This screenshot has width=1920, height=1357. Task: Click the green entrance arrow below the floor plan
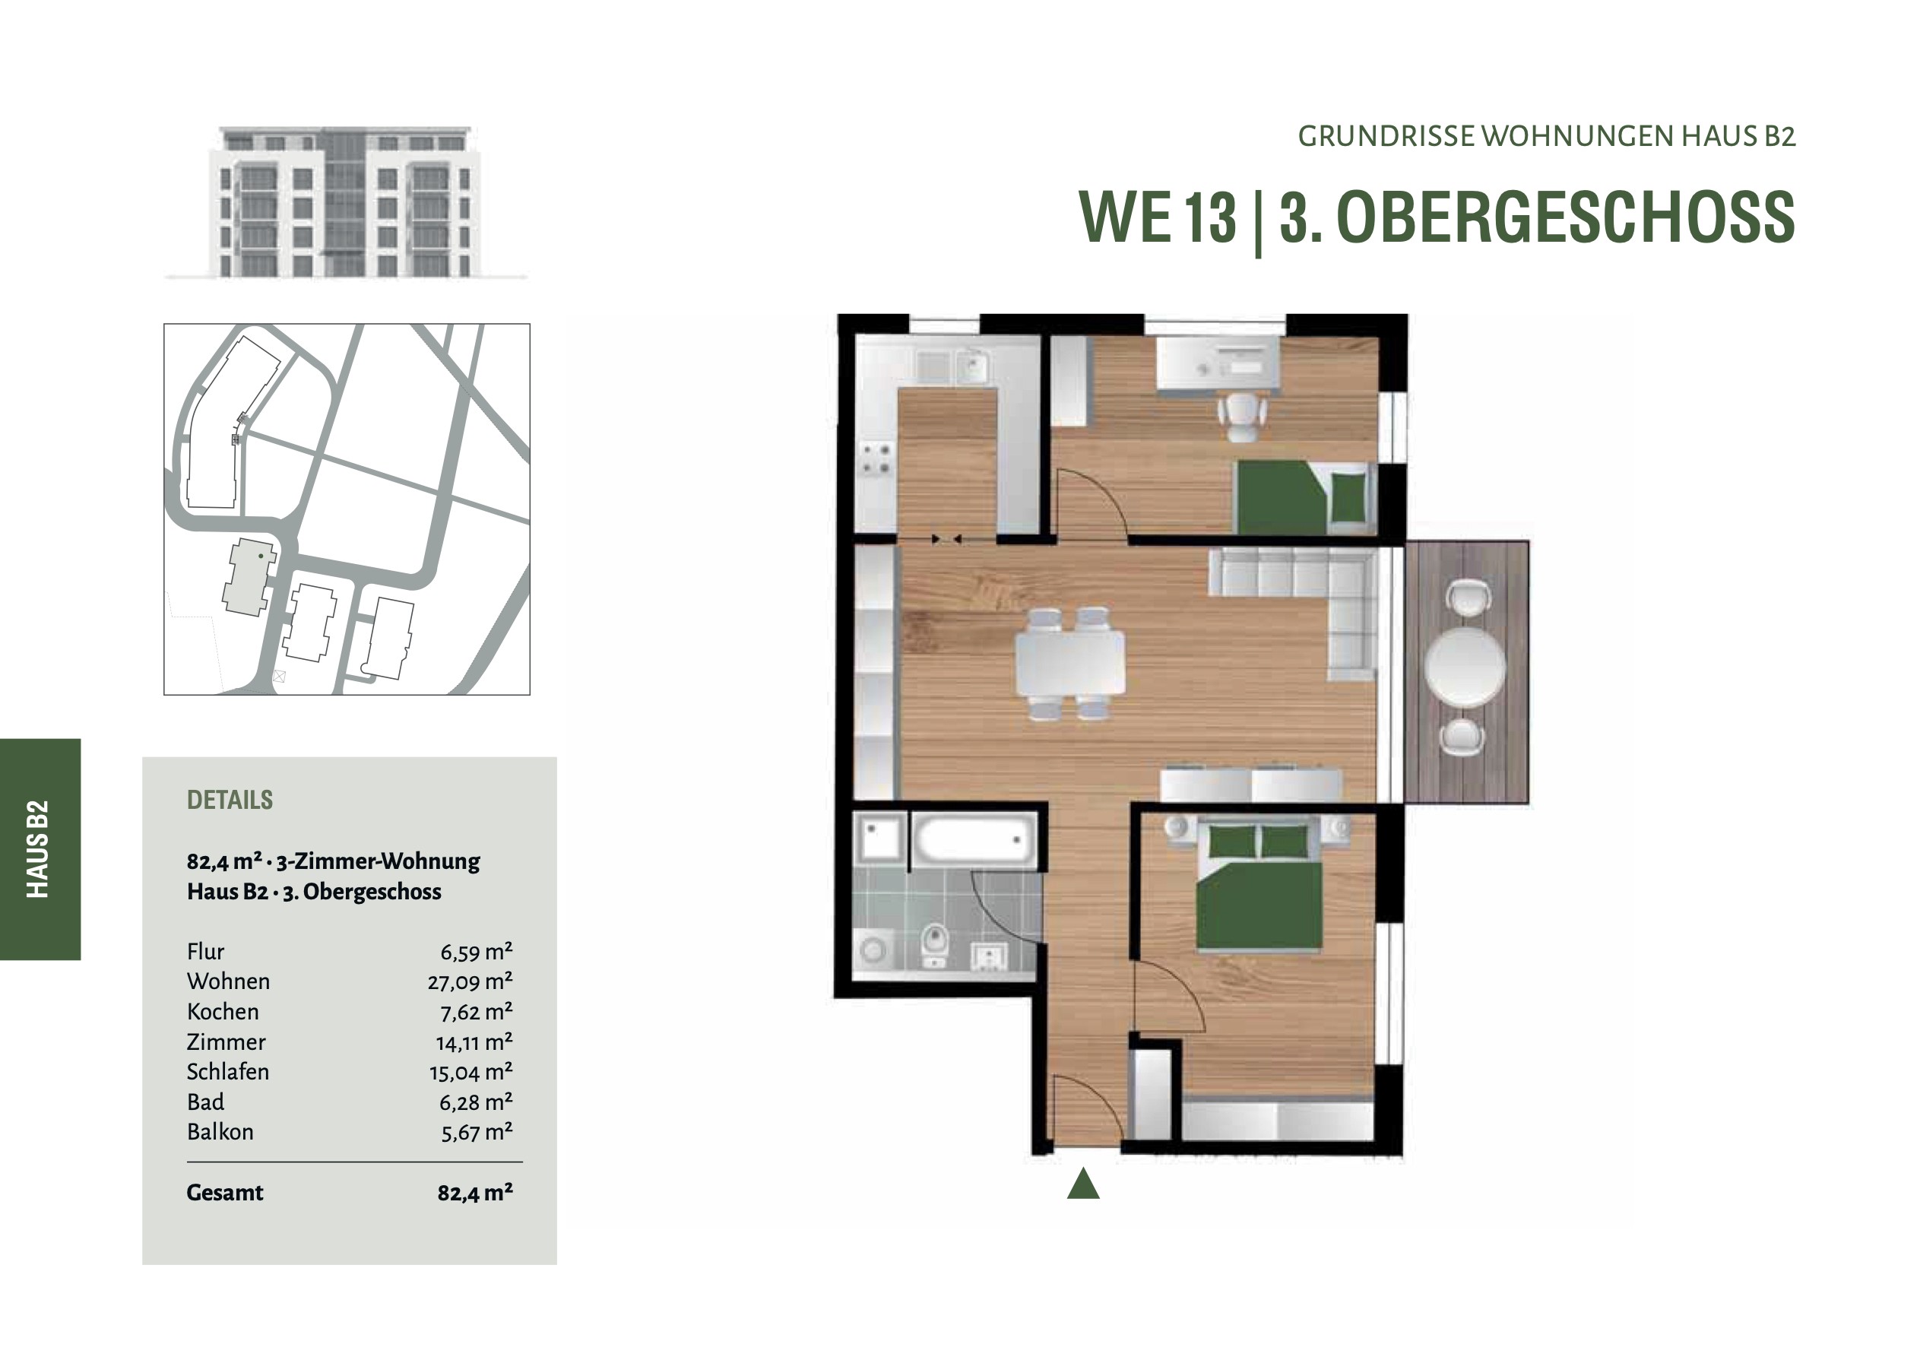[x=1083, y=1184]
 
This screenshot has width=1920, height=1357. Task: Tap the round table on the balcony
[x=1465, y=667]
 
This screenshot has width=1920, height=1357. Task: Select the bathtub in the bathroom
[x=974, y=839]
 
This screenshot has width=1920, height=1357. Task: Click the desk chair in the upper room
[x=1243, y=416]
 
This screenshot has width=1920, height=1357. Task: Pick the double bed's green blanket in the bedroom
[x=1259, y=907]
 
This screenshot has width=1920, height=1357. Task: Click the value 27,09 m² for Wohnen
[x=470, y=981]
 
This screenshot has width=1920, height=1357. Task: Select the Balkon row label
[x=220, y=1132]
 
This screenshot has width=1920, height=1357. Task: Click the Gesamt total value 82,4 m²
[x=475, y=1193]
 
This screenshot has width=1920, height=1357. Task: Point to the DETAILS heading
[x=230, y=800]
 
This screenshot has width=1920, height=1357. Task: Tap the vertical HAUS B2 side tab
[x=39, y=849]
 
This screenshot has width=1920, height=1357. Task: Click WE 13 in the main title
[x=1158, y=217]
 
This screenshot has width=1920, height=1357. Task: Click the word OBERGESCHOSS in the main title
[x=1567, y=217]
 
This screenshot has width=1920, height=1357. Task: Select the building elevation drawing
[x=346, y=202]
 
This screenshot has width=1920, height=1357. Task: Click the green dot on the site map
[x=261, y=556]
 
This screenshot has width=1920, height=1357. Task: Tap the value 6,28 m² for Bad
[x=476, y=1102]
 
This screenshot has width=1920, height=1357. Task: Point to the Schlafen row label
[x=227, y=1072]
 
